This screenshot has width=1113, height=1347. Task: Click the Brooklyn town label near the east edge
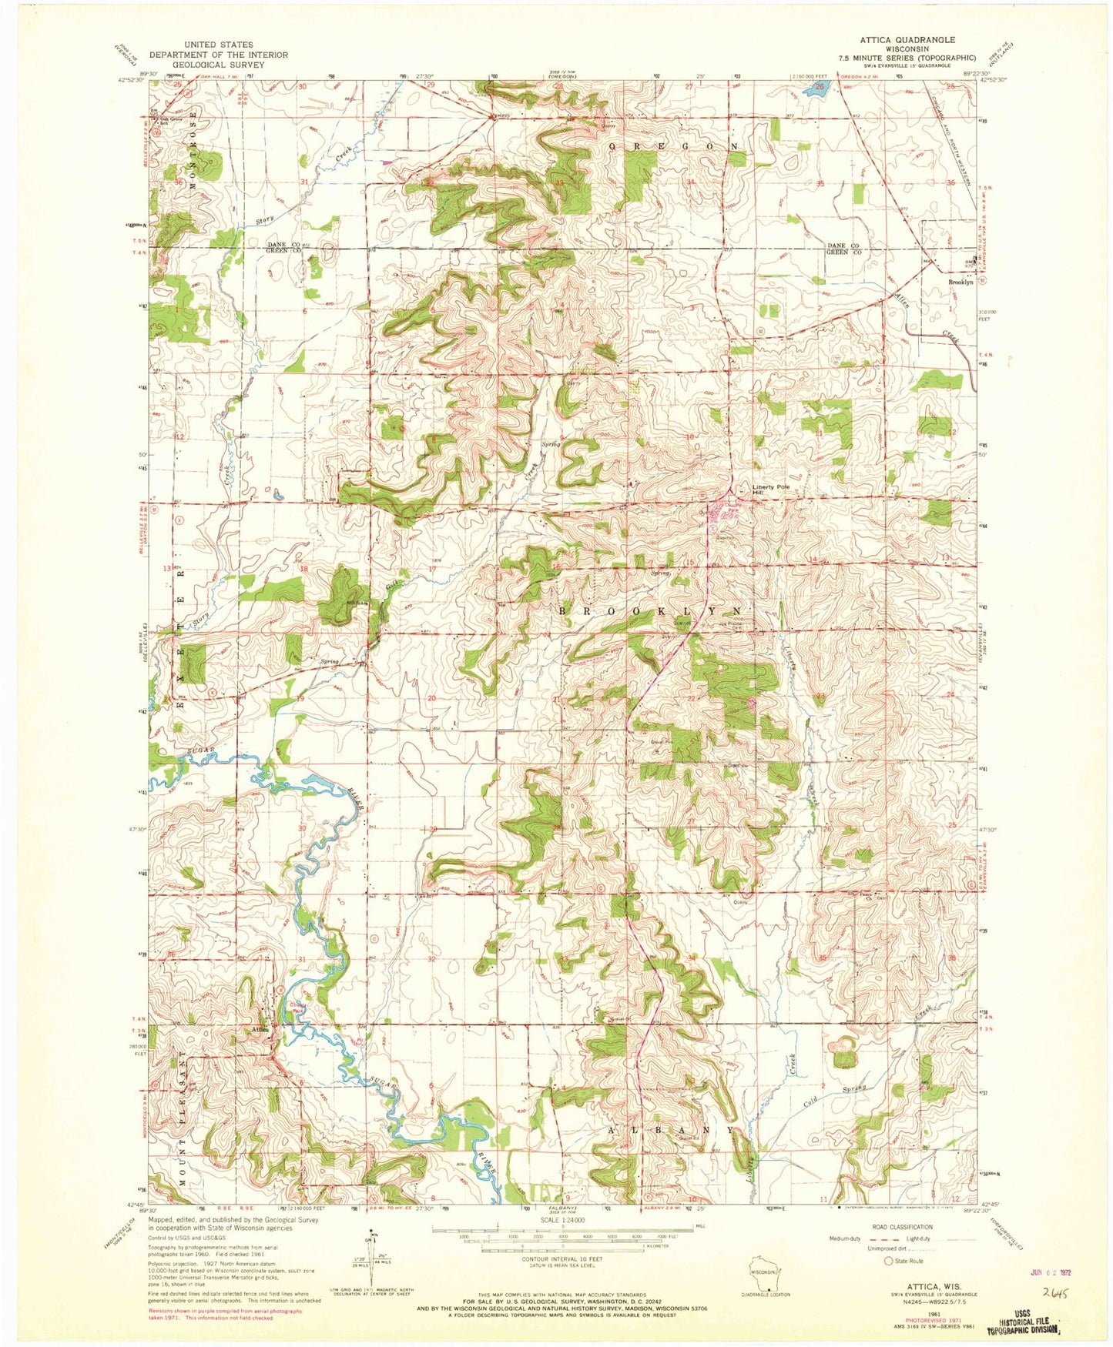(x=960, y=282)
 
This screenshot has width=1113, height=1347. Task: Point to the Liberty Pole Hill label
(x=773, y=490)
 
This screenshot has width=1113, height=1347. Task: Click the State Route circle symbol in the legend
(x=889, y=1261)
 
